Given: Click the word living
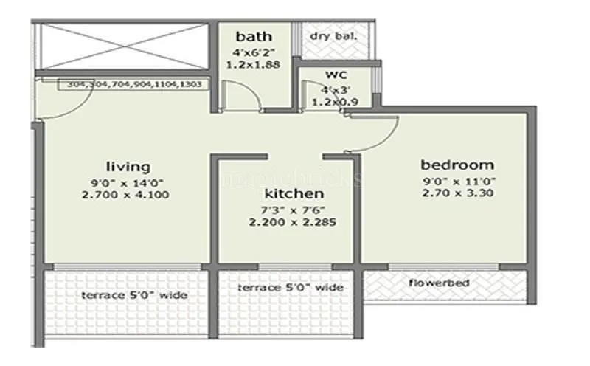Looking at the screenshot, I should pyautogui.click(x=128, y=166).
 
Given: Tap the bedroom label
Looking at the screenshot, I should pyautogui.click(x=457, y=164).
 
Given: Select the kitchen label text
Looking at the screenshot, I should pyautogui.click(x=294, y=193).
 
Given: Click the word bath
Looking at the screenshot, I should pyautogui.click(x=254, y=36).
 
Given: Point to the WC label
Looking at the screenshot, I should pyautogui.click(x=336, y=75).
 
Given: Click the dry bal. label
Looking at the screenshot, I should pyautogui.click(x=334, y=35).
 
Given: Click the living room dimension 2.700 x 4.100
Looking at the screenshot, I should pyautogui.click(x=128, y=195).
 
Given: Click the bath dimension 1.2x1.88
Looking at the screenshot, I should pyautogui.click(x=254, y=63).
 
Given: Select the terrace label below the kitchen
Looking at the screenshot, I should pyautogui.click(x=291, y=287).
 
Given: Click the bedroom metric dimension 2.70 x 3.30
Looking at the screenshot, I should pyautogui.click(x=457, y=193).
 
